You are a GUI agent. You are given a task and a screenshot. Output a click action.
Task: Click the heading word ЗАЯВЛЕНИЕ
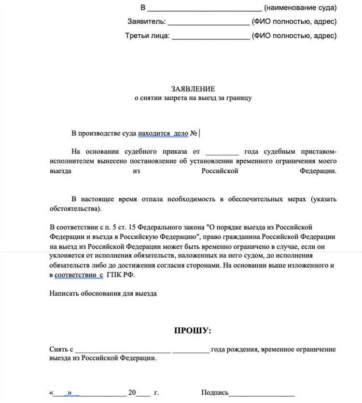click(x=193, y=89)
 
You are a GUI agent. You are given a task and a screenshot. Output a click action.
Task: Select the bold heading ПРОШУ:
click(x=193, y=331)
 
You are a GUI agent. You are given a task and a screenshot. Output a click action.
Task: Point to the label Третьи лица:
click(x=147, y=36)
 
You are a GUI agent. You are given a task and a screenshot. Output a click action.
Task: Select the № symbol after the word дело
click(x=194, y=133)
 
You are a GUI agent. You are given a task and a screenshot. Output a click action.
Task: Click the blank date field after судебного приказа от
click(x=222, y=151)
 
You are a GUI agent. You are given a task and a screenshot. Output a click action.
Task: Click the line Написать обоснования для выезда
click(x=103, y=293)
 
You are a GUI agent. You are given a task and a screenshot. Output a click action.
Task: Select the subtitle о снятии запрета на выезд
click(x=193, y=97)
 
